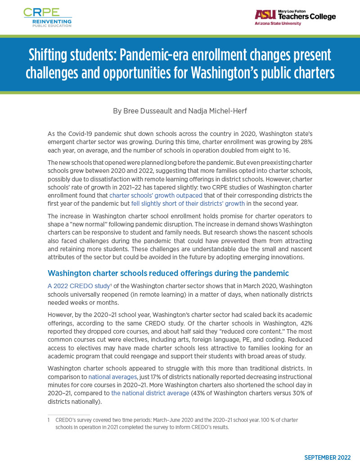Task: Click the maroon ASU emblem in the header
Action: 265,15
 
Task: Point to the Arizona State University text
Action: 278,23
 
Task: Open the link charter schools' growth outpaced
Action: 156,195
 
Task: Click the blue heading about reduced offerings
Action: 168,273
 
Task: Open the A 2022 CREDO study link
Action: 78,286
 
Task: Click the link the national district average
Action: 150,393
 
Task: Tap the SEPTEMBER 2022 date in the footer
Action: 327,457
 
